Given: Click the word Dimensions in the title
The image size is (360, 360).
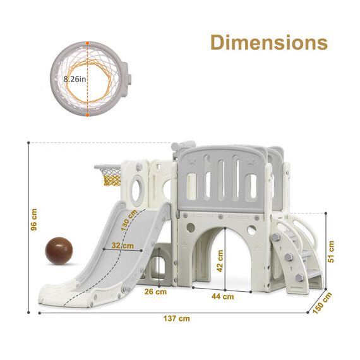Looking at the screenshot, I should pyautogui.click(x=268, y=43).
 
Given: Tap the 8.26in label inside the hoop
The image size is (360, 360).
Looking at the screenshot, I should pyautogui.click(x=74, y=80).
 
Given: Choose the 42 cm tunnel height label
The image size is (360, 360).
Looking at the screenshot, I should pyautogui.click(x=220, y=259).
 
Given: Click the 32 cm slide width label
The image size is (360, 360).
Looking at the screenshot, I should pyautogui.click(x=124, y=245).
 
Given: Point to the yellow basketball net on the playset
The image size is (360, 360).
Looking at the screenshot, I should pyautogui.click(x=111, y=179).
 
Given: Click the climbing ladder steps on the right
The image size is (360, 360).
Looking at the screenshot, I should pyautogui.click(x=297, y=256).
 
